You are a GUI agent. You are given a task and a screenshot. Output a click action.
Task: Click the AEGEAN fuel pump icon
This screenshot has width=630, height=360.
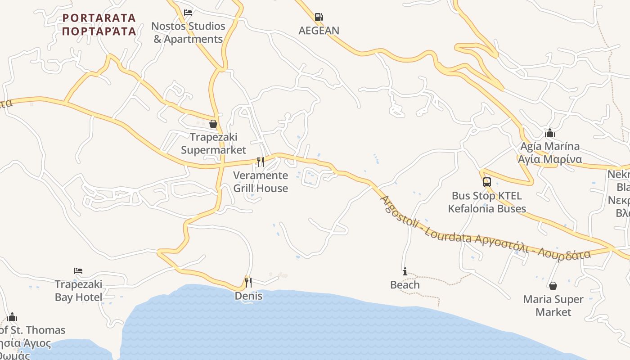(x=319, y=18)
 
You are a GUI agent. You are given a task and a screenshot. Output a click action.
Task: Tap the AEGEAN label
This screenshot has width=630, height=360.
(x=319, y=31)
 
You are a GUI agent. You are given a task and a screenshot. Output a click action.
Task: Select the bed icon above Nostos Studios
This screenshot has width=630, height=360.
(x=188, y=13)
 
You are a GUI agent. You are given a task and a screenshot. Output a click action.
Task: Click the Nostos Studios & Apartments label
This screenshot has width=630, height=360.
(x=188, y=32)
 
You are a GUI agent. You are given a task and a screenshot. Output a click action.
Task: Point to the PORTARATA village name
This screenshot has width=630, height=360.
(x=99, y=24)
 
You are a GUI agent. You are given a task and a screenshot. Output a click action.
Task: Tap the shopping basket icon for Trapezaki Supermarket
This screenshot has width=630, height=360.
(x=213, y=124)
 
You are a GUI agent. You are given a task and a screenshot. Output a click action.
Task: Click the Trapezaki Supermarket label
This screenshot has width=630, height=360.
(x=213, y=144)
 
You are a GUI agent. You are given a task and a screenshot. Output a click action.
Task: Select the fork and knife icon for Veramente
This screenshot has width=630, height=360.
(x=260, y=162)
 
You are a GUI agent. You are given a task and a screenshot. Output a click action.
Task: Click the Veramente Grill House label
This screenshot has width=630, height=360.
(x=261, y=182)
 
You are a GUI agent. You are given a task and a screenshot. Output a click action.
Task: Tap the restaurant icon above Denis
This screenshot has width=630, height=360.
(x=248, y=283)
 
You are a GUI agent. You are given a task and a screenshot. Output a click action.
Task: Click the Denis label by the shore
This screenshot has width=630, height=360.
(x=248, y=296)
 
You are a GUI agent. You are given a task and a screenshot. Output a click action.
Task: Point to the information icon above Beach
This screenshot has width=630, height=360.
(x=405, y=271)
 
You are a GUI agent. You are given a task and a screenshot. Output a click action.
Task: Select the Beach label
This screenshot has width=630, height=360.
(x=405, y=285)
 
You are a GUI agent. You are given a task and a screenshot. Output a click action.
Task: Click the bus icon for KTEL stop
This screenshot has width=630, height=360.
(x=486, y=182)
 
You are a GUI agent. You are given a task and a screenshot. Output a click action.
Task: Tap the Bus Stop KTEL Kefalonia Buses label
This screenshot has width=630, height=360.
(x=487, y=202)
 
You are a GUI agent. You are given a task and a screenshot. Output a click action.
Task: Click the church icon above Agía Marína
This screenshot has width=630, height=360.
(x=549, y=133)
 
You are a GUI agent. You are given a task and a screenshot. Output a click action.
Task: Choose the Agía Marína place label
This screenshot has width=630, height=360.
(x=549, y=153)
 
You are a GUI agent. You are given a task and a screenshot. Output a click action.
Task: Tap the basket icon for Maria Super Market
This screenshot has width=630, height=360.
(x=553, y=286)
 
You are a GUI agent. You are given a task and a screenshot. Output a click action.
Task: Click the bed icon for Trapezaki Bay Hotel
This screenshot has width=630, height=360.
(x=78, y=271)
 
